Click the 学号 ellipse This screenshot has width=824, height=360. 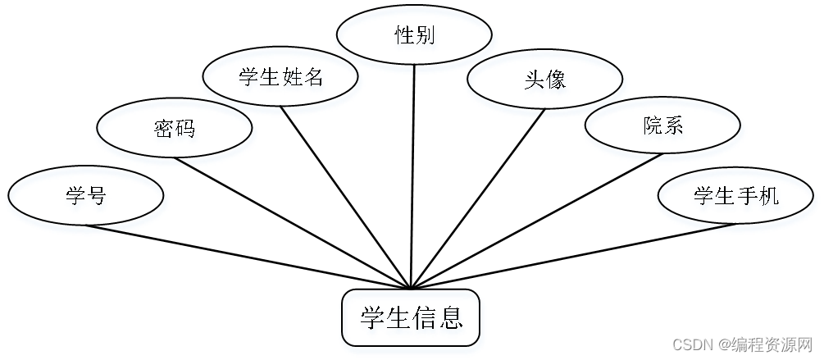86,196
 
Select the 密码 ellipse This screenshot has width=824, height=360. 174,128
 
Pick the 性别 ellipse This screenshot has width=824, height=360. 414,35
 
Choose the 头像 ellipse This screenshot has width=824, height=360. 544,80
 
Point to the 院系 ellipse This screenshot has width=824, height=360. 662,125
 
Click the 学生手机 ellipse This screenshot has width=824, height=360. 735,195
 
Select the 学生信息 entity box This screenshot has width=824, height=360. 410,317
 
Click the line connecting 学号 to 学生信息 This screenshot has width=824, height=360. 246,257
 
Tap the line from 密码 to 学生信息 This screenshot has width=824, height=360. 291,222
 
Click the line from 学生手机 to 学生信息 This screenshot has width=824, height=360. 574,256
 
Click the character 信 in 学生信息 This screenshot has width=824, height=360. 424,317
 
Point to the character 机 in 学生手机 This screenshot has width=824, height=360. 768,196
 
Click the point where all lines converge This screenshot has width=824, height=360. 409,289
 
